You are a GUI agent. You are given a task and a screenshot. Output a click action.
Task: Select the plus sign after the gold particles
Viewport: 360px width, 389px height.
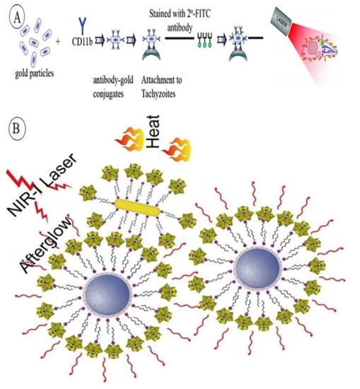(59, 41)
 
